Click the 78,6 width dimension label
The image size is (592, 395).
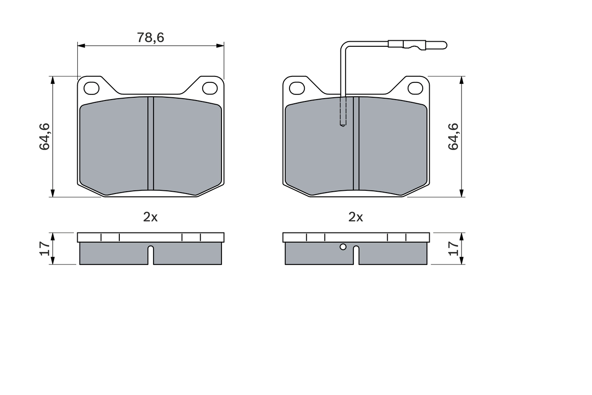pyautogui.click(x=150, y=38)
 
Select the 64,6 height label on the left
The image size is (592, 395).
pyautogui.click(x=44, y=137)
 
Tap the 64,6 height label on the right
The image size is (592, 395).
pyautogui.click(x=453, y=137)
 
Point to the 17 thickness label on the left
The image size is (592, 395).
pyautogui.click(x=44, y=249)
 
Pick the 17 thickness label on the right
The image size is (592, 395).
pyautogui.click(x=453, y=249)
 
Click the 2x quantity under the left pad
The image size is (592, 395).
pyautogui.click(x=150, y=217)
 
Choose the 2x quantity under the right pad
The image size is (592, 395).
pyautogui.click(x=356, y=217)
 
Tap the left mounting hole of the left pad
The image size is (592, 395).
pyautogui.click(x=92, y=88)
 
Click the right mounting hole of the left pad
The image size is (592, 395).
pyautogui.click(x=210, y=88)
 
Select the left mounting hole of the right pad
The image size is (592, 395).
pyautogui.click(x=297, y=88)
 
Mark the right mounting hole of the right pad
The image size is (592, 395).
pyautogui.click(x=415, y=88)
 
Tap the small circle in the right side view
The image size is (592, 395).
pyautogui.click(x=343, y=247)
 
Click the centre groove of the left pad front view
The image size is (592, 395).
pyautogui.click(x=150, y=144)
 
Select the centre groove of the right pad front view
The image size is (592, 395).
pyautogui.click(x=356, y=144)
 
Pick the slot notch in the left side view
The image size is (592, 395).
pyautogui.click(x=150, y=255)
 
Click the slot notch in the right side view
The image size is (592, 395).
pyautogui.click(x=356, y=255)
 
